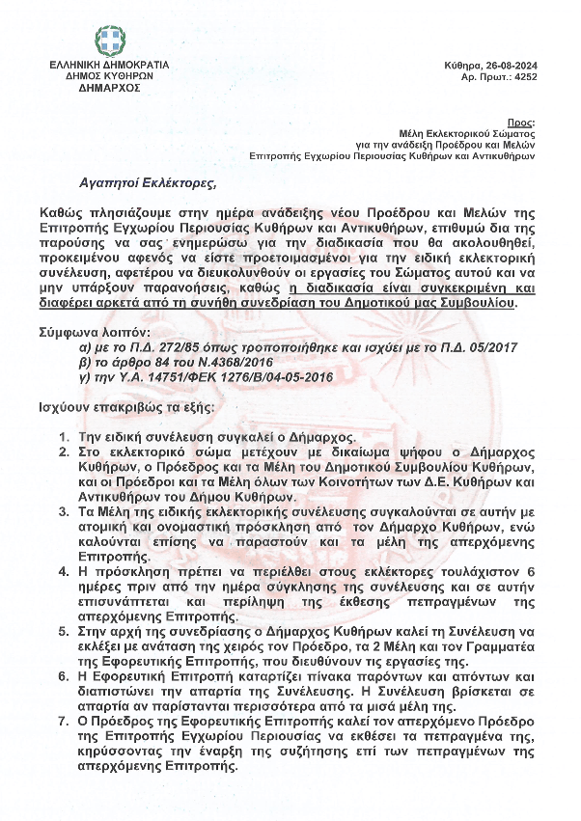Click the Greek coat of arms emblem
108,41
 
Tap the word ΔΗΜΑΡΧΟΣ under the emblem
109,87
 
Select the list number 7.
63,720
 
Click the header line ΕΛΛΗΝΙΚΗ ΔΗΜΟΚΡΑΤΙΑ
109,64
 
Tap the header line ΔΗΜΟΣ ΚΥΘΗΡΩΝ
109,75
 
